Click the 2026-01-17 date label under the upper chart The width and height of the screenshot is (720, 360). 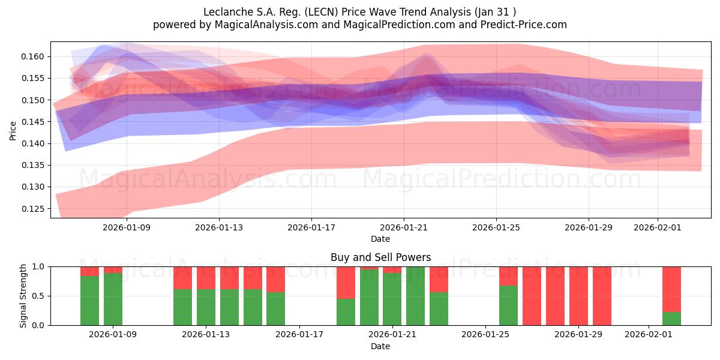[311, 227]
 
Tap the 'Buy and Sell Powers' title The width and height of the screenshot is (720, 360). [380, 257]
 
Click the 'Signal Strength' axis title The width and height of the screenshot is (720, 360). [23, 296]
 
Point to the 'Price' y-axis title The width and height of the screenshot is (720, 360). [13, 130]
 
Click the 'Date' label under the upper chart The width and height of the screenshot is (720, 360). [380, 239]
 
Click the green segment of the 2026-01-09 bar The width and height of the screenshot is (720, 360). [113, 300]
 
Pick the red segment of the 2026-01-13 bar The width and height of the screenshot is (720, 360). [206, 278]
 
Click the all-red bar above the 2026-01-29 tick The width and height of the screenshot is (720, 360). [578, 296]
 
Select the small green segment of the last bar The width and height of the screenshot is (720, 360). [671, 319]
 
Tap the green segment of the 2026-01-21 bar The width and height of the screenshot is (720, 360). [392, 300]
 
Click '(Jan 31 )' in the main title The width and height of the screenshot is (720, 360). [494, 12]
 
